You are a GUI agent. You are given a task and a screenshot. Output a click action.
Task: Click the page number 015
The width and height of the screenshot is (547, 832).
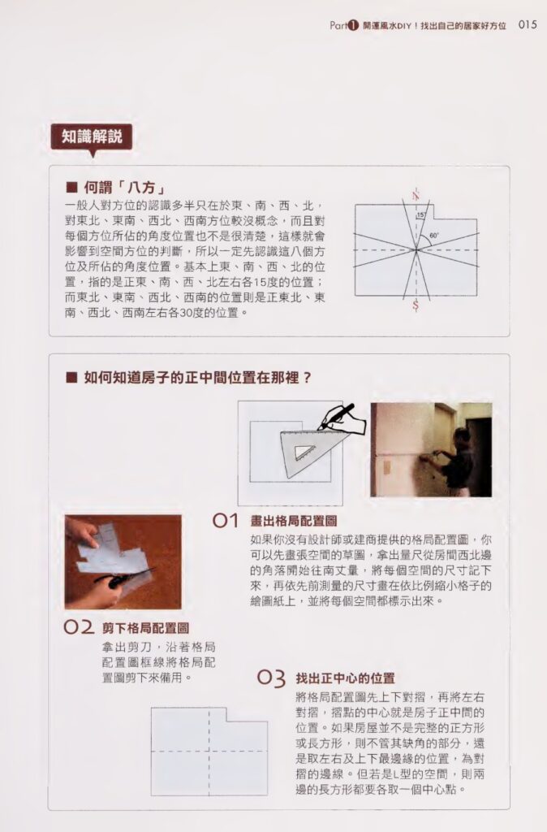(528, 24)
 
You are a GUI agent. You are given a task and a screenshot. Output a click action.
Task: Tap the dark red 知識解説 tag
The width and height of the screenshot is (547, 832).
(91, 137)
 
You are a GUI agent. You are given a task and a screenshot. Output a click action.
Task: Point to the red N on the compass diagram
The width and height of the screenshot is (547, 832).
(416, 194)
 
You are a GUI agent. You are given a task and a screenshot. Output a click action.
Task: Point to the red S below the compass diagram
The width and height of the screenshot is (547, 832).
(416, 305)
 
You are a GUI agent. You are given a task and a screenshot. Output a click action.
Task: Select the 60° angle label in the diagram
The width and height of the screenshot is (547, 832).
(434, 235)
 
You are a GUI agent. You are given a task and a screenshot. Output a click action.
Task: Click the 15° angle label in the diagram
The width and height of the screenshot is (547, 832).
(421, 215)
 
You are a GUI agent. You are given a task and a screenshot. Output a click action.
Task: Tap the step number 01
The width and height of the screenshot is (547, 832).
(225, 521)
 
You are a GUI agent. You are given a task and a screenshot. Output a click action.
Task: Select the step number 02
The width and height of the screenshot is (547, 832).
(79, 627)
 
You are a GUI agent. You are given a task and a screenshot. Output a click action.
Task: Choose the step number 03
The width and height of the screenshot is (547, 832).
(271, 678)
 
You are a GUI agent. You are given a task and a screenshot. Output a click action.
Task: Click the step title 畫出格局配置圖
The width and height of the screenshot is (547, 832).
(294, 521)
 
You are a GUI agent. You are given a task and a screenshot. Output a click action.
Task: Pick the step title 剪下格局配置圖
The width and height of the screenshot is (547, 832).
(145, 628)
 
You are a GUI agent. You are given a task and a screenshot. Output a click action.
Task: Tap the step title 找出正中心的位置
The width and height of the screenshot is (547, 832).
(345, 678)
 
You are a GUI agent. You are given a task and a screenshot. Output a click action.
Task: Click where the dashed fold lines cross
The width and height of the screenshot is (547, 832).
(210, 751)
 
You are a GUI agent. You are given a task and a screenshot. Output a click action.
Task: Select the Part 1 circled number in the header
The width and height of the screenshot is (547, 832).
(353, 25)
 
